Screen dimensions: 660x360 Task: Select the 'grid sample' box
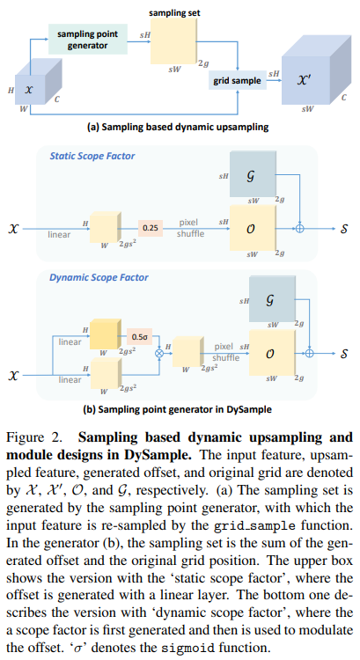point(237,80)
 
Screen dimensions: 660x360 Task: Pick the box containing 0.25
point(152,228)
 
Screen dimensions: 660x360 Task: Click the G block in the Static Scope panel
point(252,174)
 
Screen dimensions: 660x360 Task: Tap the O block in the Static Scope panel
point(252,227)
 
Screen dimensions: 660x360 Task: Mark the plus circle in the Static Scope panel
point(300,227)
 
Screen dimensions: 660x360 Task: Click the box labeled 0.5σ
point(139,336)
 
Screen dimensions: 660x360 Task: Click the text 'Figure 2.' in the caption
point(33,436)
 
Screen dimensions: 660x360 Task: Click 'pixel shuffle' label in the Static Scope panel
point(190,228)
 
